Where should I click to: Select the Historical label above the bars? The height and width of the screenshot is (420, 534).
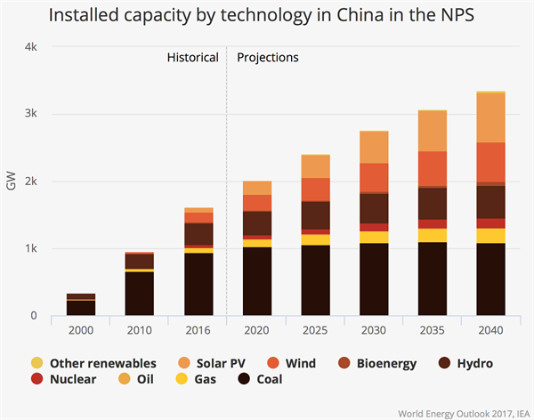tap(192, 58)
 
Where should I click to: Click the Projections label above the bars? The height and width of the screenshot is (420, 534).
tap(268, 58)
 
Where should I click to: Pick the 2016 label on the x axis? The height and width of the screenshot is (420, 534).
tap(198, 331)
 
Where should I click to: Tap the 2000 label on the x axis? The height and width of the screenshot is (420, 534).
tap(81, 331)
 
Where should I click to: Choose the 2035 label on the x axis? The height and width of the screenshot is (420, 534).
tap(433, 331)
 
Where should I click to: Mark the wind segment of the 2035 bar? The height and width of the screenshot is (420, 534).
tap(433, 169)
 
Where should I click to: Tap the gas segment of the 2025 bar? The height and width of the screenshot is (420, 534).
tap(315, 239)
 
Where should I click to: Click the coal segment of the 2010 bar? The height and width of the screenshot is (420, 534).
tap(140, 293)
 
